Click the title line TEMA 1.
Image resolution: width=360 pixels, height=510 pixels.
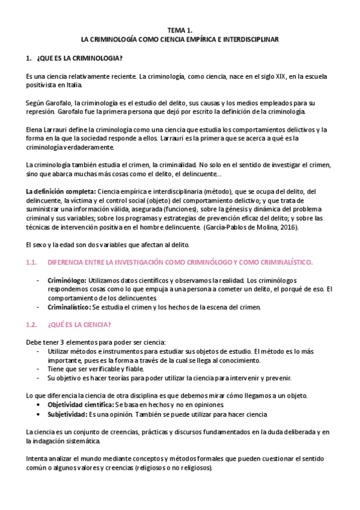point(180,29)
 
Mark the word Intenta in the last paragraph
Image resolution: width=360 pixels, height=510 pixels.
point(37,459)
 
